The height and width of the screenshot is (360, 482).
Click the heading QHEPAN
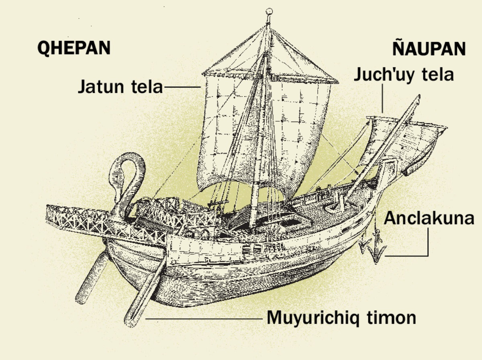point(74,48)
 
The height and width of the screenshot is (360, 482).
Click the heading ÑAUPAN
point(429,49)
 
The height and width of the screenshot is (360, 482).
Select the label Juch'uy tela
point(403,75)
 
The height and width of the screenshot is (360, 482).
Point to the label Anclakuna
point(429,219)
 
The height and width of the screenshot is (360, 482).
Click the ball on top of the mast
point(270,12)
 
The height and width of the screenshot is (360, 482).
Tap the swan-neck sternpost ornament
point(127,177)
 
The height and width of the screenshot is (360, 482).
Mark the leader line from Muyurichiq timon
point(205,319)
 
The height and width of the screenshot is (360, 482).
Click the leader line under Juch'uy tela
point(383,98)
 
